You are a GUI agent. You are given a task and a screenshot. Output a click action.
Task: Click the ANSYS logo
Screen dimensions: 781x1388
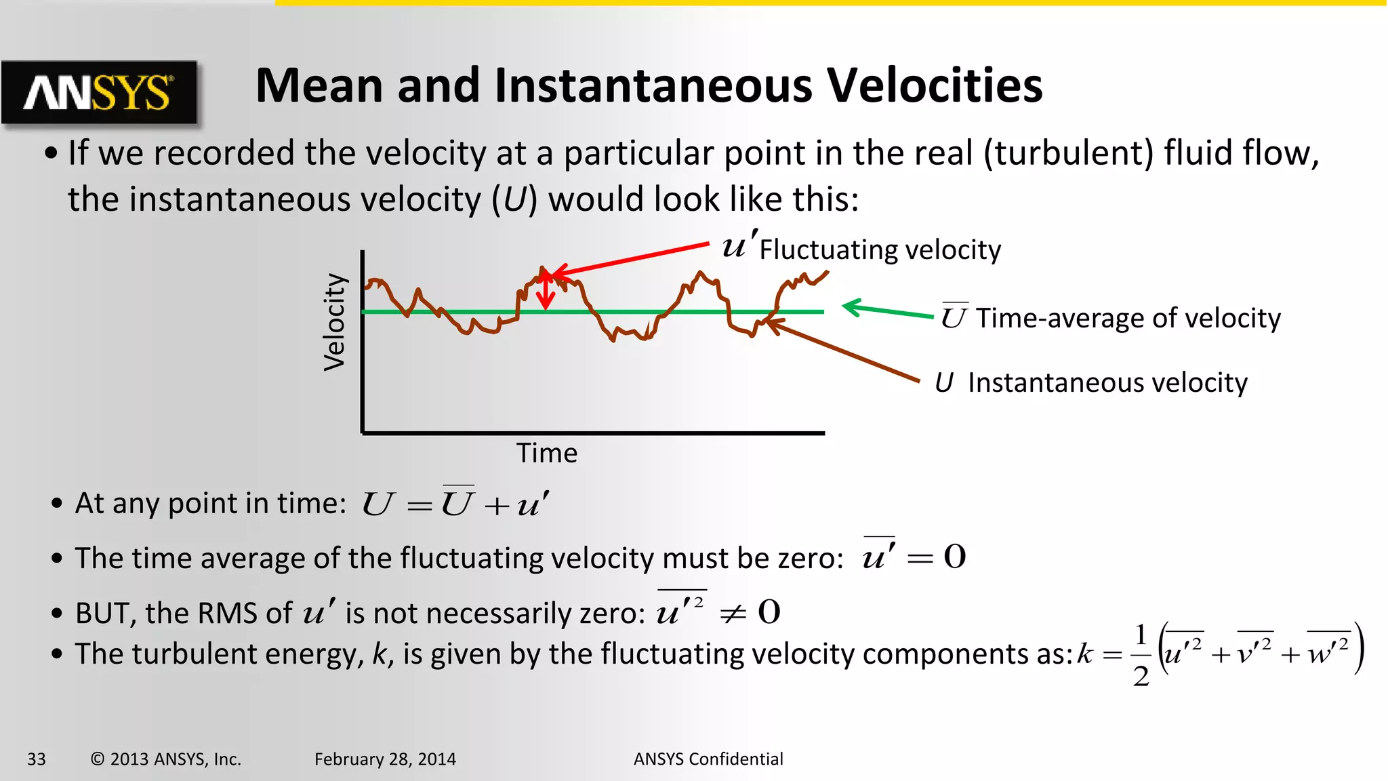99,92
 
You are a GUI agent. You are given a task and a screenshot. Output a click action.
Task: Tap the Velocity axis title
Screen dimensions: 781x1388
335,322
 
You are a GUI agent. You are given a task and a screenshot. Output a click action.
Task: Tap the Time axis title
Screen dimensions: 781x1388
547,453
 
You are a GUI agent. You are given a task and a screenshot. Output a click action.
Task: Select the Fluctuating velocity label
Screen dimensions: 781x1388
880,249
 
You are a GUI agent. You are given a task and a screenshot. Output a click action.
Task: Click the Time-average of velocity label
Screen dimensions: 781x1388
1128,318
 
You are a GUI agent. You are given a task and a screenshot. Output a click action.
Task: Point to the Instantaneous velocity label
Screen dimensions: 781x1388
1107,383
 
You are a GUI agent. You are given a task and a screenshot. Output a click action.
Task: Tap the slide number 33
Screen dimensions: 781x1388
37,759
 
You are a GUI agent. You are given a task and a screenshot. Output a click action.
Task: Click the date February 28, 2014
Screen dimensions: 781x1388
385,759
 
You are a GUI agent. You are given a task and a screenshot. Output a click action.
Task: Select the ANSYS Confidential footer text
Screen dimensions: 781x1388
708,759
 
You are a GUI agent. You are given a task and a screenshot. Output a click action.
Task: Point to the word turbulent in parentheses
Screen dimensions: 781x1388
1068,153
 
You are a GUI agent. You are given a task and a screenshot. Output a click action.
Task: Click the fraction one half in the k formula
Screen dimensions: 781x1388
1141,655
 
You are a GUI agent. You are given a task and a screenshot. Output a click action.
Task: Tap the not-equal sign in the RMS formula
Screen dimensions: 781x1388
733,614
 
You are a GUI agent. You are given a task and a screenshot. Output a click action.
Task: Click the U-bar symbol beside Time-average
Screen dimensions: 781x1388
954,317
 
